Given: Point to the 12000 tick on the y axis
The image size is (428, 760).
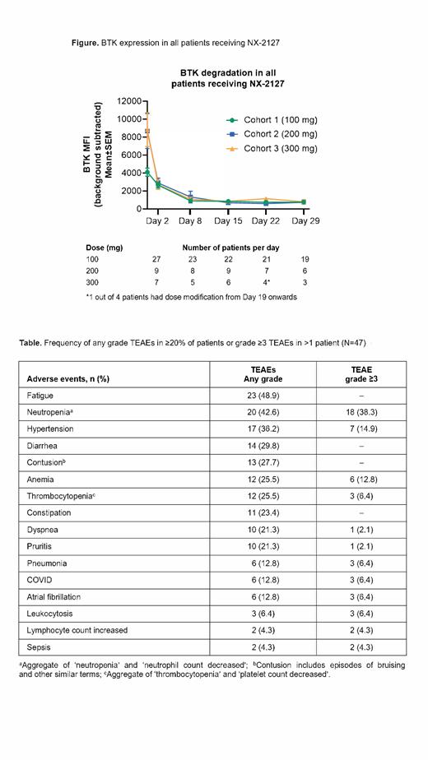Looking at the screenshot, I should point(129,101).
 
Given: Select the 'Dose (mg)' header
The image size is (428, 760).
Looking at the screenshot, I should point(105,246).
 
